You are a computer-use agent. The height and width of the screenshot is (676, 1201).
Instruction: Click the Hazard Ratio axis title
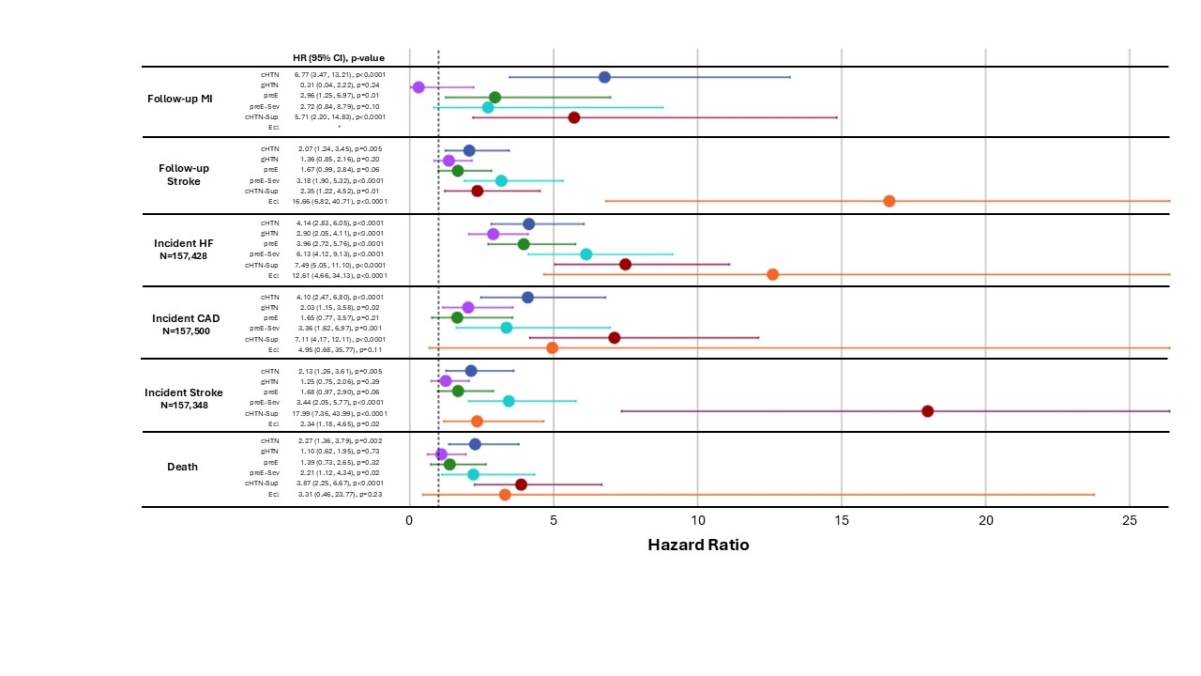click(x=698, y=545)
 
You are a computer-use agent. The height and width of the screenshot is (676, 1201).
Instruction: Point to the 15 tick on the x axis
click(x=842, y=520)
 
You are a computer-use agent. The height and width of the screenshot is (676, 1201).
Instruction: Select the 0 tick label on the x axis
click(x=410, y=520)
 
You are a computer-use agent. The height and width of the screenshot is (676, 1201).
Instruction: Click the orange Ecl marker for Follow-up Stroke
click(x=889, y=201)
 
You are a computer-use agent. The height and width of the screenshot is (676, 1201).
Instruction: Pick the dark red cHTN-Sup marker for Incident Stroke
click(x=928, y=411)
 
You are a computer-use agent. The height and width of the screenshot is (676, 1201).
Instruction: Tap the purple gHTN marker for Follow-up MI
click(x=418, y=87)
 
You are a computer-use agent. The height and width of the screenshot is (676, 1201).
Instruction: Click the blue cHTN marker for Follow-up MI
click(x=604, y=77)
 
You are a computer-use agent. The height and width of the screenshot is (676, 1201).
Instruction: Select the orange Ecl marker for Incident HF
click(x=772, y=274)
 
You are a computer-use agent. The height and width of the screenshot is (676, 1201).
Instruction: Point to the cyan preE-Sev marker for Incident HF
click(x=586, y=253)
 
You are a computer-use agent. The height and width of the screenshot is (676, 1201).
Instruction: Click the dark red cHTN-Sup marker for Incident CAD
click(x=615, y=338)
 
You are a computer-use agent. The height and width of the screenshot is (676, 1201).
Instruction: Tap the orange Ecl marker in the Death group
click(x=505, y=494)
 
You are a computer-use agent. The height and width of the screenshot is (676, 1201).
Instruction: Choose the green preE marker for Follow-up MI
click(x=494, y=98)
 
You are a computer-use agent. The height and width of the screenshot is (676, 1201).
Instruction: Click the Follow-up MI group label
click(x=179, y=99)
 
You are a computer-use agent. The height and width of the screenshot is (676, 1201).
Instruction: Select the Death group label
click(x=183, y=467)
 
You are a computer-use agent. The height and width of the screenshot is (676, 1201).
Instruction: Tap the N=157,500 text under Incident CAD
click(x=186, y=330)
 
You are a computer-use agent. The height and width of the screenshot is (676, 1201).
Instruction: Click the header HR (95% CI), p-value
click(x=339, y=57)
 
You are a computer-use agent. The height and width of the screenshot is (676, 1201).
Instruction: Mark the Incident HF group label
click(x=184, y=243)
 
